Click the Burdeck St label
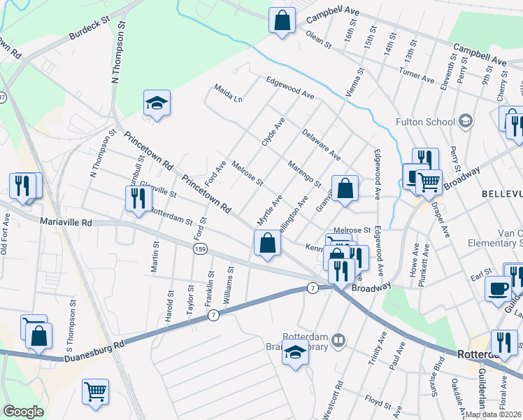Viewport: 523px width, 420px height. (91, 30)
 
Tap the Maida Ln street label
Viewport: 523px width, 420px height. (228, 94)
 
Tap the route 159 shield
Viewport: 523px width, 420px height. (201, 248)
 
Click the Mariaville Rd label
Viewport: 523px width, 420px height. (66, 222)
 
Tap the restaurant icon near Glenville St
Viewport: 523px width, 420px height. (136, 198)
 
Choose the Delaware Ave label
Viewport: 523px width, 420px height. (321, 144)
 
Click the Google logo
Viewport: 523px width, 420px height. (23, 412)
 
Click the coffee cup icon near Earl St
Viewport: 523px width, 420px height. (497, 288)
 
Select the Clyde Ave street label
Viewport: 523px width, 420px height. (273, 131)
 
